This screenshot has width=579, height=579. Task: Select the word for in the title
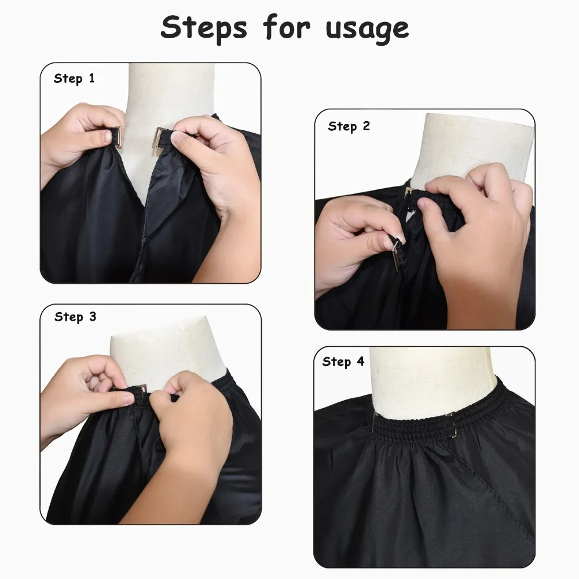tap(286, 27)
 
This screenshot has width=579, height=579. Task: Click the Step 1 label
tap(74, 79)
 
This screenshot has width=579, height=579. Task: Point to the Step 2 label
tap(349, 126)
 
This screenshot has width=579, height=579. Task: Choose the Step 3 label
tap(75, 317)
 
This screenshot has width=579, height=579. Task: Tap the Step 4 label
tap(343, 362)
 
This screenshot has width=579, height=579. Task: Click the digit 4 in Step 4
tap(361, 362)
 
